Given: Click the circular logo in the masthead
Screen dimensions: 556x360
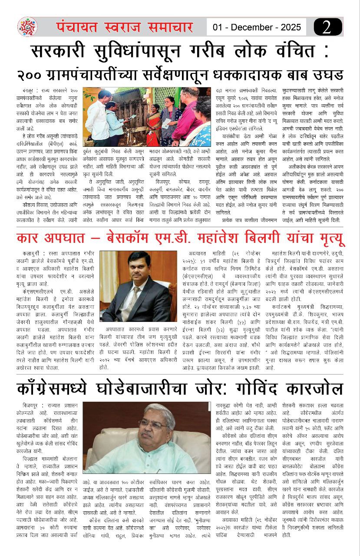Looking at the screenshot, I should [27, 27].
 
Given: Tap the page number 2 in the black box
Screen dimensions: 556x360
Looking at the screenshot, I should [327, 27].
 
